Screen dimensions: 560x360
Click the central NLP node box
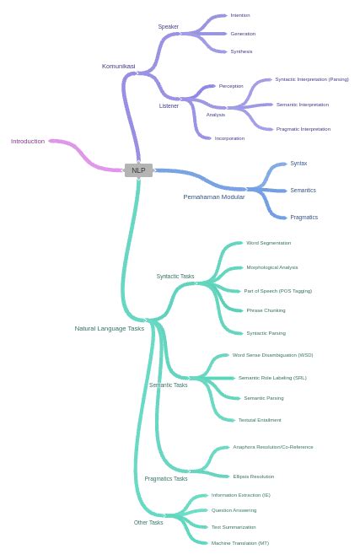(138, 170)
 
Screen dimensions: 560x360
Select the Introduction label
(28, 142)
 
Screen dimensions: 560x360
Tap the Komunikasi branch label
(118, 66)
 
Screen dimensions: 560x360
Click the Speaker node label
(168, 27)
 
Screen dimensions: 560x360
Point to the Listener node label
(169, 106)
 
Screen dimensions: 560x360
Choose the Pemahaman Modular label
(214, 197)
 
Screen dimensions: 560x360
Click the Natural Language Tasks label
(109, 329)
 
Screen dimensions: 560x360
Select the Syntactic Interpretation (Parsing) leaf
(311, 79)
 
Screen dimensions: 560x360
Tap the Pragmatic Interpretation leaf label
(303, 129)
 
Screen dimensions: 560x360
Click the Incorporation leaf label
(229, 138)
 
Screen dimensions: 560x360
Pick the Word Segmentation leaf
(268, 243)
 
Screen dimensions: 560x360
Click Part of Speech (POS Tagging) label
(277, 291)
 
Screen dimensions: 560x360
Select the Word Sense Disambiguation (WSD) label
(272, 355)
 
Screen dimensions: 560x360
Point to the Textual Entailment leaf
(260, 420)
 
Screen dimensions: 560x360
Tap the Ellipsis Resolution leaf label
(253, 477)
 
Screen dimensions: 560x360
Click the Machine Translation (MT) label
(240, 543)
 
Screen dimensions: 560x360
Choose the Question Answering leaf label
(234, 510)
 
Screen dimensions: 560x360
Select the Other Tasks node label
(148, 523)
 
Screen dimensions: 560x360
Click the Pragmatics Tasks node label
(166, 479)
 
